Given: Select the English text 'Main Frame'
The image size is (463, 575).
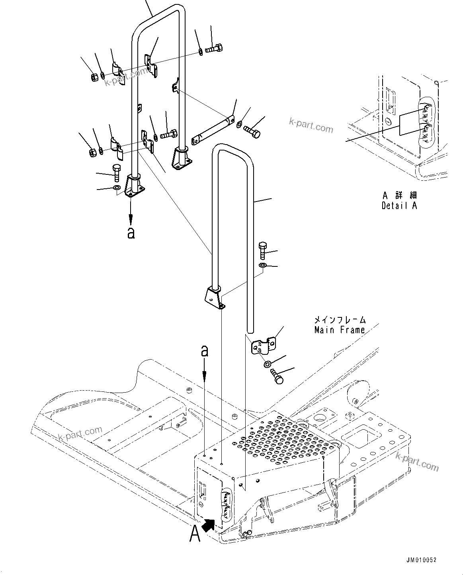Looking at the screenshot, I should coord(339,330).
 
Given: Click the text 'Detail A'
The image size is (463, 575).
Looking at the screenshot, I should coord(399,206).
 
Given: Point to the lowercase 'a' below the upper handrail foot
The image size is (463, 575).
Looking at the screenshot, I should coord(131,233).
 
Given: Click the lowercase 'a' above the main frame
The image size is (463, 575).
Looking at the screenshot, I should coord(205,351).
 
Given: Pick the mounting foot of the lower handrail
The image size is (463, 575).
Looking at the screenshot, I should coord(215,297).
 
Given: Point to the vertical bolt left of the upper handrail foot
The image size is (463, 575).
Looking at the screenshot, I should coord(116,172).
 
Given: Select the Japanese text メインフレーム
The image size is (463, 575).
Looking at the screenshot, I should coord(340,319).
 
